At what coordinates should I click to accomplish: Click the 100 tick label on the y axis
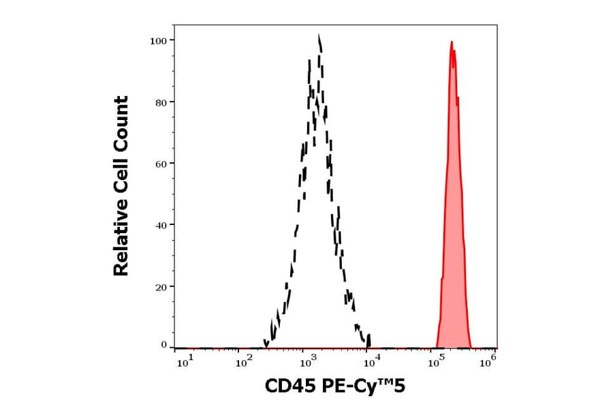click(x=158, y=40)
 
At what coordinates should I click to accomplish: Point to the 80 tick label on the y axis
click(x=160, y=102)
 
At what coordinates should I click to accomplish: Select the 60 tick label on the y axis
click(x=160, y=164)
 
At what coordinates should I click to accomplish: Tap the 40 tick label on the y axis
click(x=160, y=225)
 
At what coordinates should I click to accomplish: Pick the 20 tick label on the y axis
click(x=160, y=287)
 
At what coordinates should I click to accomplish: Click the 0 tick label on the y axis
click(x=163, y=345)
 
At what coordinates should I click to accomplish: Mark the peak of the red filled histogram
click(x=452, y=42)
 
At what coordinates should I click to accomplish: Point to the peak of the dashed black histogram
click(x=319, y=37)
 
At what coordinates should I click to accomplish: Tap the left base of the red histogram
click(x=437, y=346)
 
